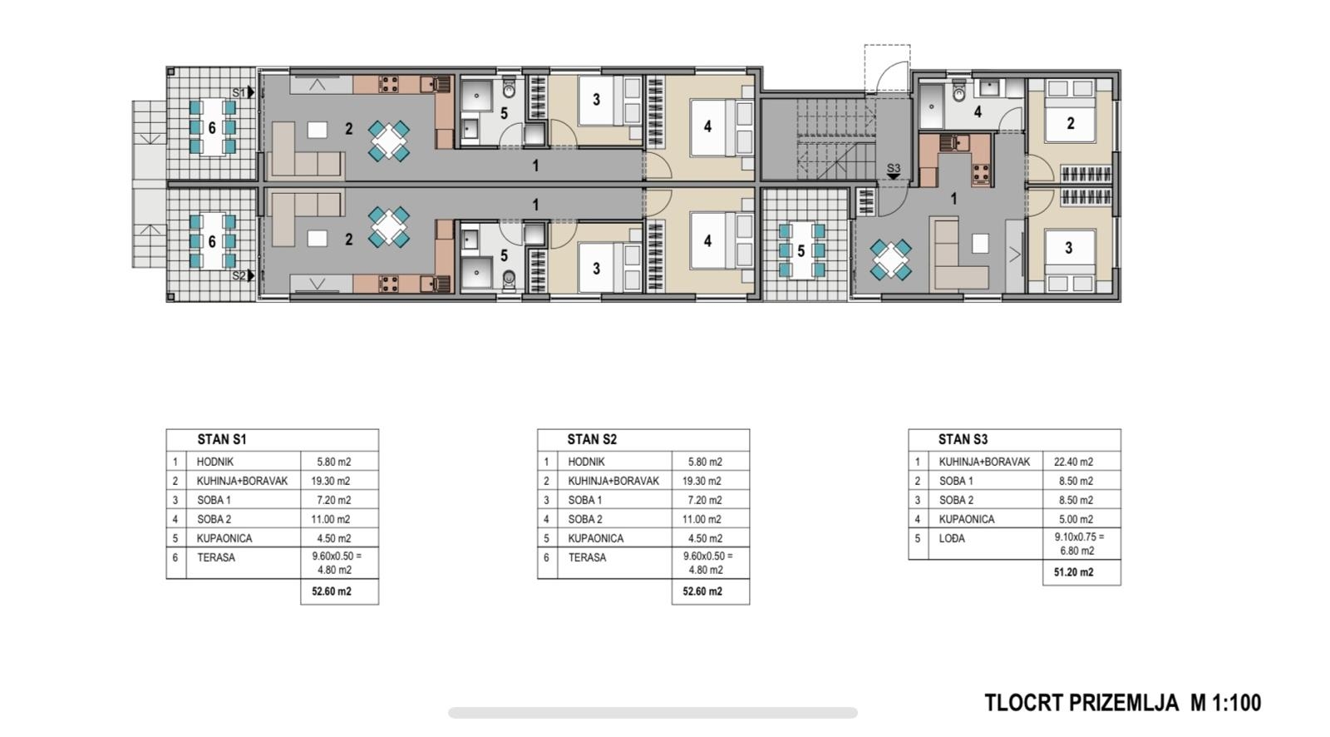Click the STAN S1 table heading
tap(221, 440)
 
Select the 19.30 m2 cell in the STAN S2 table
tap(702, 481)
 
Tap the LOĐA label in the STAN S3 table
tap(952, 538)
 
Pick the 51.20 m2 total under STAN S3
tap(1073, 572)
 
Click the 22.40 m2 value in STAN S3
tap(1073, 462)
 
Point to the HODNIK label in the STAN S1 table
tap(215, 462)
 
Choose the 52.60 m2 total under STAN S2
tap(702, 591)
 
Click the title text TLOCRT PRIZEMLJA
tap(1081, 703)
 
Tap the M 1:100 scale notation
tap(1225, 703)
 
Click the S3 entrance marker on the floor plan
tap(894, 171)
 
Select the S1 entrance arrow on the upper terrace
tap(251, 92)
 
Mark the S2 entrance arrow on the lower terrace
tap(251, 276)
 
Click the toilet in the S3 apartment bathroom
tap(959, 92)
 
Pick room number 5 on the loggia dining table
tap(801, 251)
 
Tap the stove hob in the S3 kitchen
tap(980, 174)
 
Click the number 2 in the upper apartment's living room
tap(348, 128)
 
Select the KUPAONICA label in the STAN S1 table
tap(224, 538)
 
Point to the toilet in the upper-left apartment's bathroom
tap(509, 88)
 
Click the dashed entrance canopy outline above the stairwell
tap(887, 67)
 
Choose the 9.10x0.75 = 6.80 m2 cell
tap(1079, 544)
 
